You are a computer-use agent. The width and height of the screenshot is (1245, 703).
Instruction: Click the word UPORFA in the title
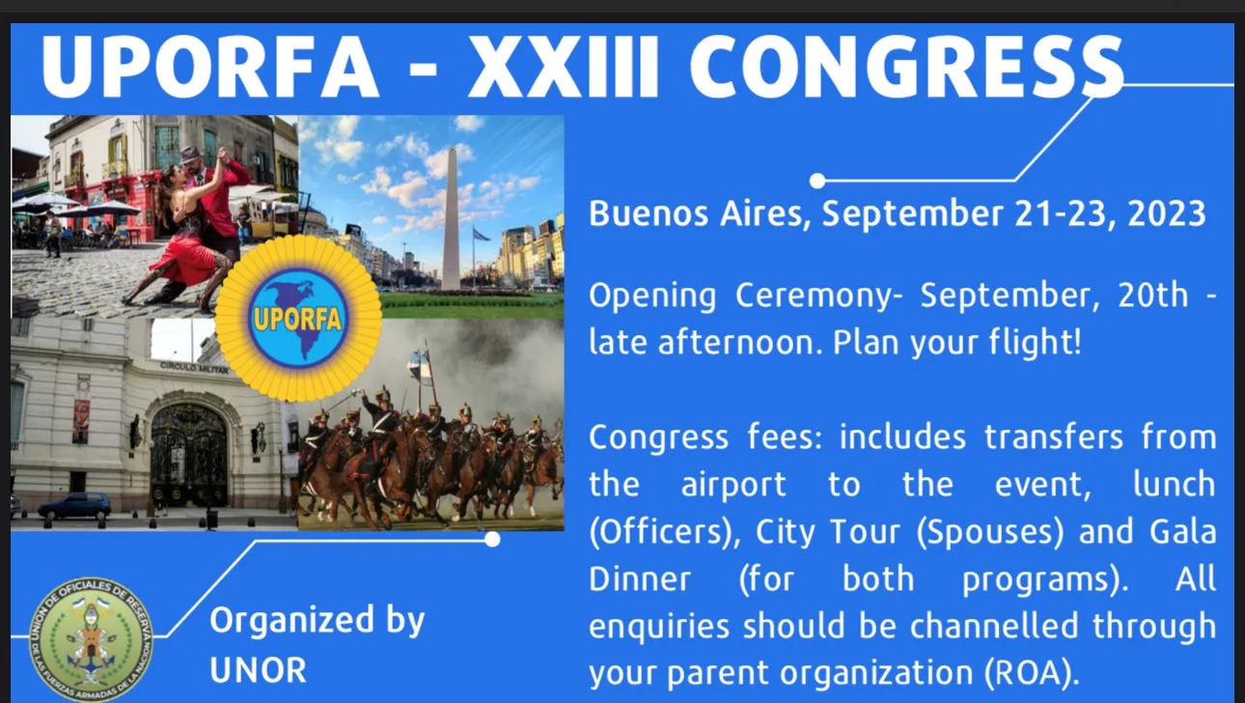(210, 67)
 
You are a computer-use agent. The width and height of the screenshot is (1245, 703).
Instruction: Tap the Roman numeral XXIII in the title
(564, 67)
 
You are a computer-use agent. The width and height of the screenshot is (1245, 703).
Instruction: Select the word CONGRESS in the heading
(907, 67)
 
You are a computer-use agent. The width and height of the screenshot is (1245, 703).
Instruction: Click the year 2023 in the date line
(1167, 213)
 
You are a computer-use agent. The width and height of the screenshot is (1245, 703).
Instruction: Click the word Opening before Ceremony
(652, 296)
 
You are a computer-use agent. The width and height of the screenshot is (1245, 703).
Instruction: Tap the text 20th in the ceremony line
(1153, 295)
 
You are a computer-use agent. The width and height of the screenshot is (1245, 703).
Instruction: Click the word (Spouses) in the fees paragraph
(989, 532)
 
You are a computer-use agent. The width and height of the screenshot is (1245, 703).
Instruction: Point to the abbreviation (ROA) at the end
(1032, 673)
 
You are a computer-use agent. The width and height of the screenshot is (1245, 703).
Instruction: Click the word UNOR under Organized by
(258, 669)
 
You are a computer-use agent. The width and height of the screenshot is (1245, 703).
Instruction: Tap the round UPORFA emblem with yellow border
(298, 318)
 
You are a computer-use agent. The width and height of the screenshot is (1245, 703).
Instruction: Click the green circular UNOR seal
(92, 639)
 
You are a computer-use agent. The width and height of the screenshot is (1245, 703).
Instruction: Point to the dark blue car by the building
(74, 506)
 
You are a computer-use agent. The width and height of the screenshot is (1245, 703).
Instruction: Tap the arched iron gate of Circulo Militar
(188, 455)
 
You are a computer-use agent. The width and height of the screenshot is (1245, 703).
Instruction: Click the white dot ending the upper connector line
(817, 181)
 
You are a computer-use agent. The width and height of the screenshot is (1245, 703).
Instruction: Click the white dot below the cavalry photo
(492, 539)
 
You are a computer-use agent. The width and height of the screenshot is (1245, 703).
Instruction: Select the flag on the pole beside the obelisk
(482, 234)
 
